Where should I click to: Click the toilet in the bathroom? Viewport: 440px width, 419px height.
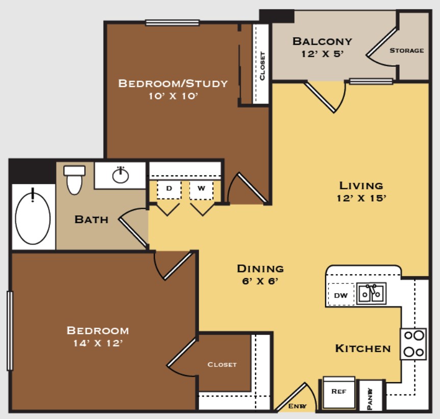tap(74, 180)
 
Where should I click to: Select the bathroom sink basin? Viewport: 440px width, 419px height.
tap(121, 176)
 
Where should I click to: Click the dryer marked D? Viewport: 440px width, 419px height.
tap(169, 189)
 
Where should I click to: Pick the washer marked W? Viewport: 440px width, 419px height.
tap(201, 189)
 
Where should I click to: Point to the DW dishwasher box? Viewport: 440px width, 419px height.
tap(341, 295)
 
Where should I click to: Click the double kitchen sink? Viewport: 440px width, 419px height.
tap(371, 293)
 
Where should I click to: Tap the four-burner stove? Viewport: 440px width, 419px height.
tap(413, 344)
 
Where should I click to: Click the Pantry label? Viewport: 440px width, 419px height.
tap(371, 396)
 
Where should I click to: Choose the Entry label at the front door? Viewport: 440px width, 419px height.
tap(297, 406)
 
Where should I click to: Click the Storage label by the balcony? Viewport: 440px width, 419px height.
tap(406, 51)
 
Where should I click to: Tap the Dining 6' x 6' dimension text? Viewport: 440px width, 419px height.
tap(260, 281)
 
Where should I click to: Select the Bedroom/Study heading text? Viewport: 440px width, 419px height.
tap(172, 83)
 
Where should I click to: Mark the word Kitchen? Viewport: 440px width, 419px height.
tap(363, 349)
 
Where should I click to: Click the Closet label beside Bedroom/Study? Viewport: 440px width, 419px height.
tap(262, 66)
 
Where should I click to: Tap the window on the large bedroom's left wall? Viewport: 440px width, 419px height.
tap(10, 330)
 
